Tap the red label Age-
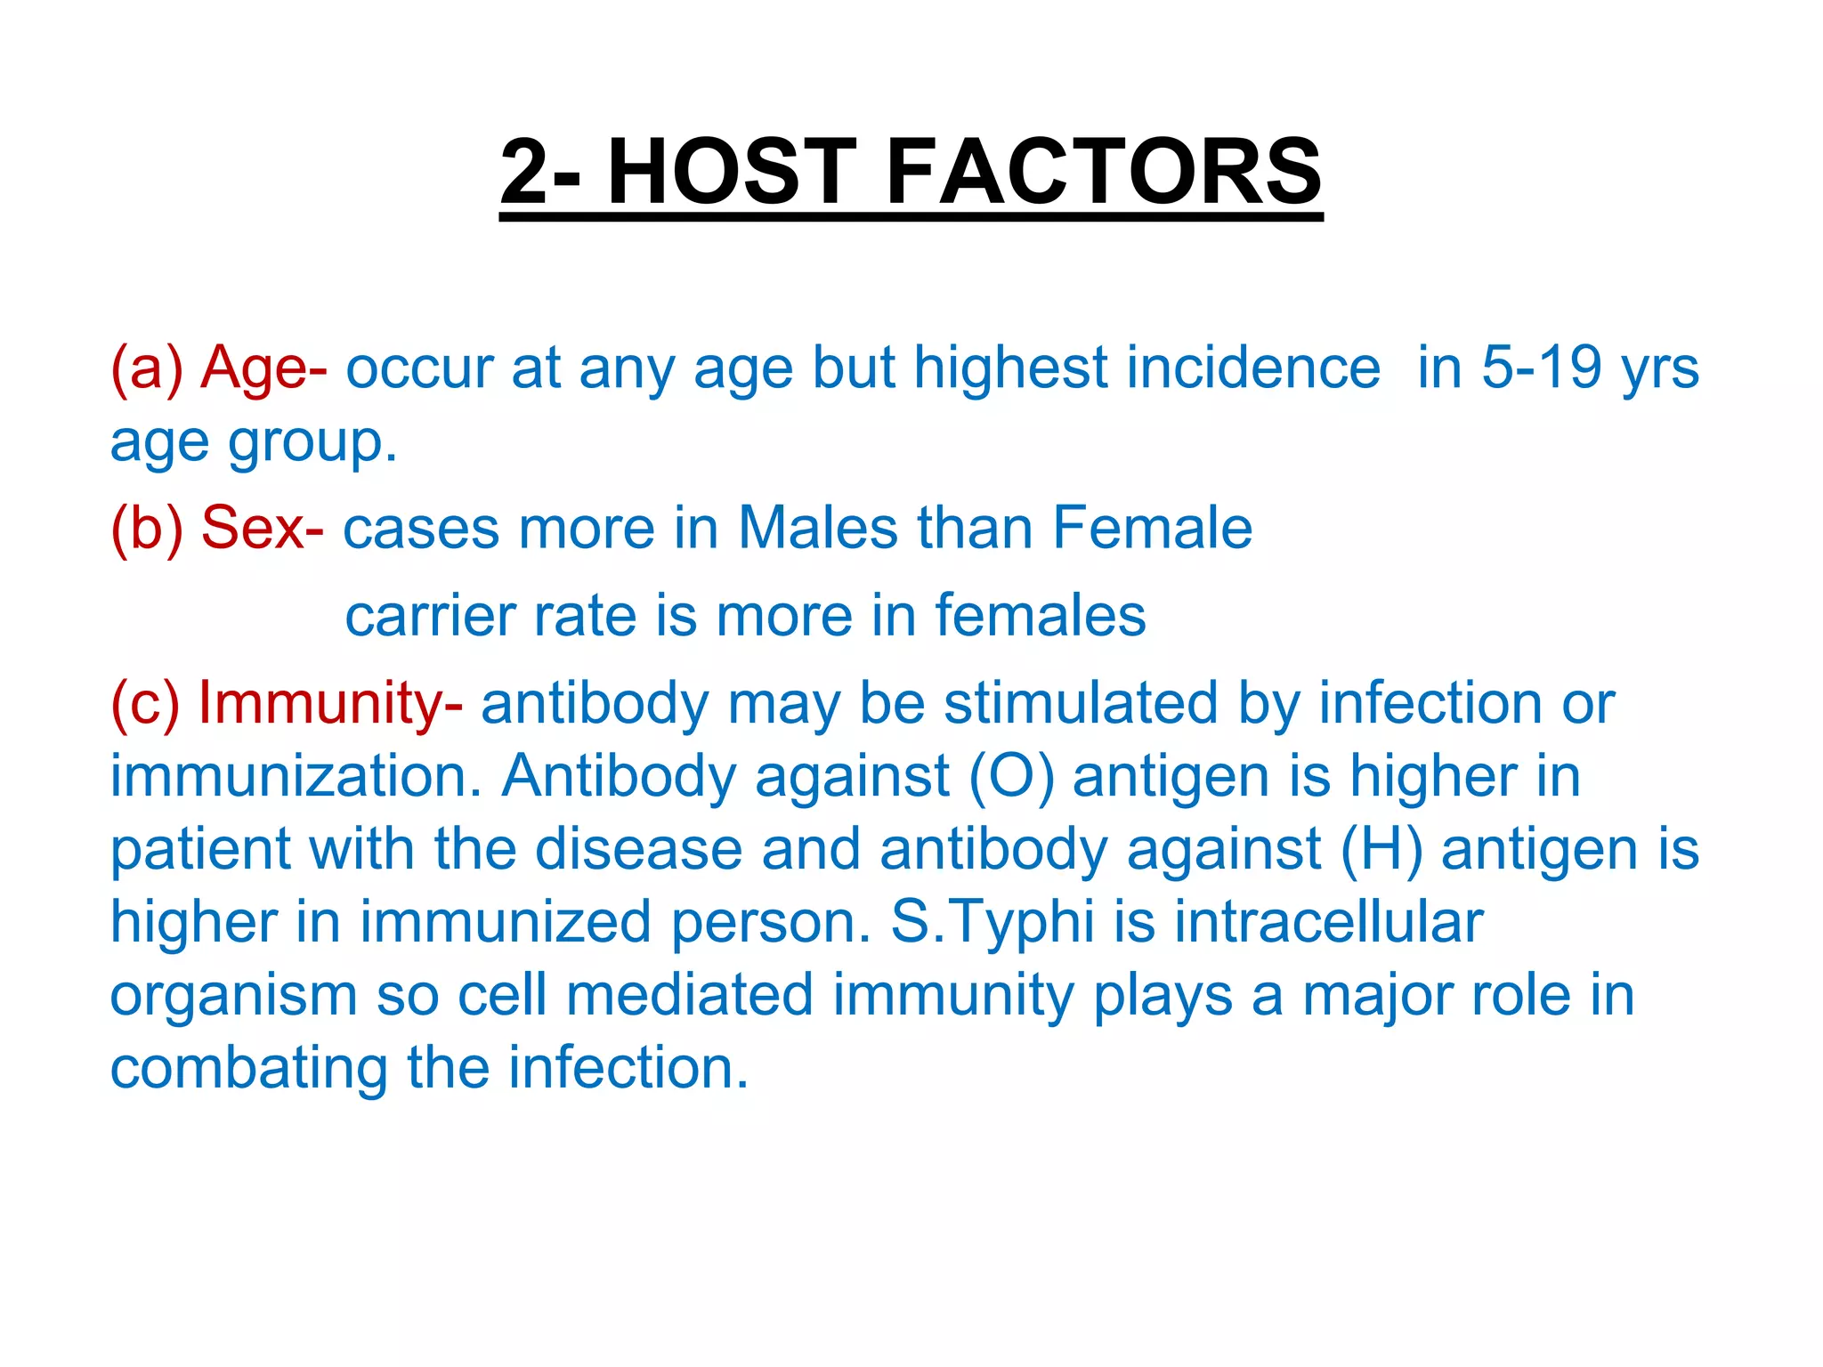point(263,368)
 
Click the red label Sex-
point(263,528)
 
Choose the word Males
point(818,528)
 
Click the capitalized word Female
point(1152,528)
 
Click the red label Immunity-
point(330,703)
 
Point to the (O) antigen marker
point(1011,777)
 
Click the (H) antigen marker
point(1381,849)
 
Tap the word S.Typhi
point(992,921)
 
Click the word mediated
point(690,994)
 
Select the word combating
point(248,1068)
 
